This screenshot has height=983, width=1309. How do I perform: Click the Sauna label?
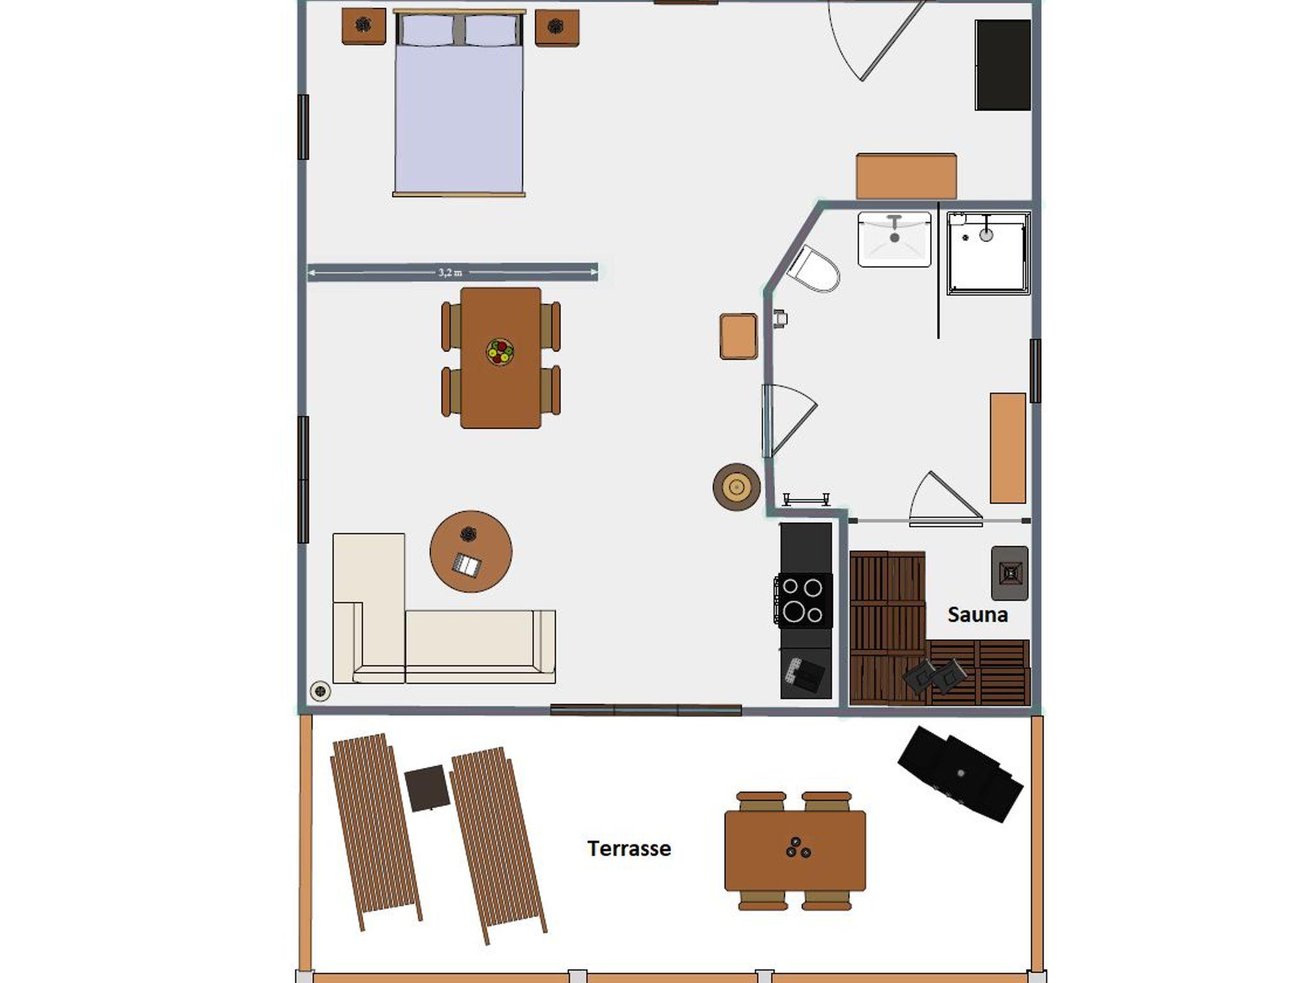tap(977, 615)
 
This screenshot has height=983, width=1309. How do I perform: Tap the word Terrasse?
tap(629, 848)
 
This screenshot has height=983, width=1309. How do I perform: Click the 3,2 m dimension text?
tap(450, 272)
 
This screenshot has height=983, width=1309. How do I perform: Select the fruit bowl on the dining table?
tap(500, 352)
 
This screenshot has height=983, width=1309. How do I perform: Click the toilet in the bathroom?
tap(813, 269)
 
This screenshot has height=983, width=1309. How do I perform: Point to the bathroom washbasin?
tap(894, 239)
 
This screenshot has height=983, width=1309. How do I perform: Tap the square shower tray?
tap(988, 253)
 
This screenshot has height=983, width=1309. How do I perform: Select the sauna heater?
tap(1010, 573)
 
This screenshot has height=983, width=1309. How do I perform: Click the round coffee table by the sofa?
tap(471, 551)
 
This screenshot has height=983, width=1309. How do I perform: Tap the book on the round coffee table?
tap(467, 565)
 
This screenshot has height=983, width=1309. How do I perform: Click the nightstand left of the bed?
tap(364, 26)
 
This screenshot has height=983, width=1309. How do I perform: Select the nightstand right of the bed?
tap(557, 27)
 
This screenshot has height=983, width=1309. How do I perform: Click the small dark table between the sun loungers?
tap(427, 788)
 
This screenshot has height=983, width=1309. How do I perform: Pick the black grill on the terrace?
tap(960, 774)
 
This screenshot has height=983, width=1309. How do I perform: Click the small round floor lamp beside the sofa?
tap(320, 691)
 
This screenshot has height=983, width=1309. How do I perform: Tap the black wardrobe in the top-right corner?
tap(1003, 65)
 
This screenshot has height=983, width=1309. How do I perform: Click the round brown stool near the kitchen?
tap(736, 487)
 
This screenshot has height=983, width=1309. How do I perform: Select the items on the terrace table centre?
tap(798, 848)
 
